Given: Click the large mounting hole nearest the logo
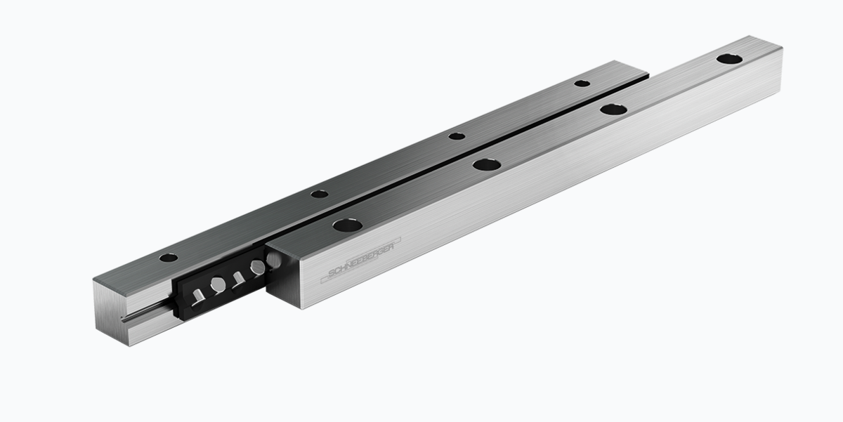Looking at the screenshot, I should (x=348, y=225).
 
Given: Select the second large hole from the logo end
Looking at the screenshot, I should (x=487, y=165).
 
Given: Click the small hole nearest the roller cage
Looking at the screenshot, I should (x=169, y=258).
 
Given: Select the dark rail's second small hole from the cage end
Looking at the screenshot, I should (x=320, y=193).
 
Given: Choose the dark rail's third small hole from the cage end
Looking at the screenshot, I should (x=457, y=136).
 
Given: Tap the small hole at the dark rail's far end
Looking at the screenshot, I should (x=582, y=84).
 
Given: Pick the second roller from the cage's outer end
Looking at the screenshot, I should (x=218, y=284).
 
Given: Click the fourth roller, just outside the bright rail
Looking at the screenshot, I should (x=258, y=267).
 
